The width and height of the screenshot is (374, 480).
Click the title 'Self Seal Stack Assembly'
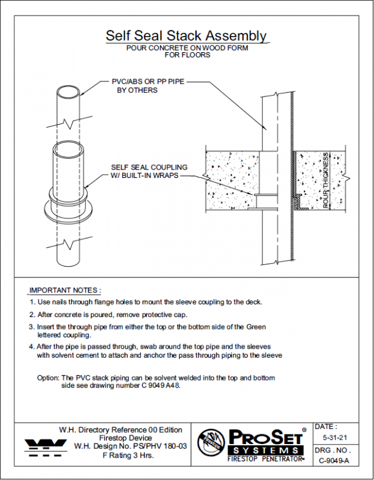pos(186,36)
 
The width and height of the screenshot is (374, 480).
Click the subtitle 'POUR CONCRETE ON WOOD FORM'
pos(186,48)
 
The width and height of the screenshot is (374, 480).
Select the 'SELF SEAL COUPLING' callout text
pos(149,167)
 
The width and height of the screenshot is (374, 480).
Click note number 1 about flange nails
pos(146,302)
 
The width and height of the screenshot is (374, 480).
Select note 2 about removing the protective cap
pos(108,314)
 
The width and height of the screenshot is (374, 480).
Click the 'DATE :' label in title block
pos(326,427)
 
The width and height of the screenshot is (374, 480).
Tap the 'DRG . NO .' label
pos(333,449)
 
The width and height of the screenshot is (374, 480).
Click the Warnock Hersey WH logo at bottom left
pos(46,446)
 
